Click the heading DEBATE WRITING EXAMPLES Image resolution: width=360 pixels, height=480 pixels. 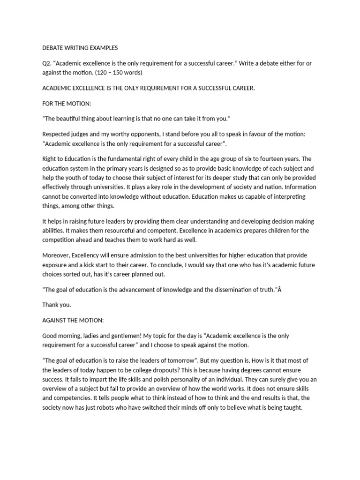point(80,48)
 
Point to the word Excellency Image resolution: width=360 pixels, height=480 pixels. point(91,255)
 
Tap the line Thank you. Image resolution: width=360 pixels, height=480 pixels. point(57,305)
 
